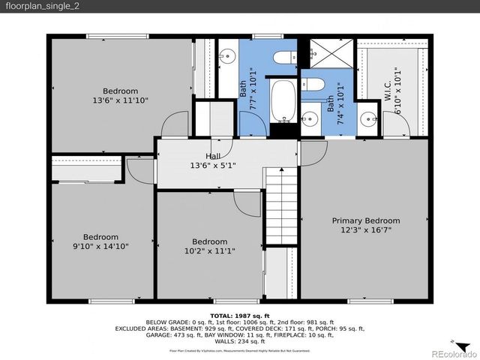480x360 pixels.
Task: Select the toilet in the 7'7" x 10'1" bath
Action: [x=283, y=58]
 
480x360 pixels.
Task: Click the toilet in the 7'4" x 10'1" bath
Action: [x=314, y=84]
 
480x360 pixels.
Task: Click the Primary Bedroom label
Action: [x=366, y=220]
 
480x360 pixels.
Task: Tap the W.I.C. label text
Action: [x=388, y=94]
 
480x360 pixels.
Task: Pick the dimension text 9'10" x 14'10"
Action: [x=100, y=246]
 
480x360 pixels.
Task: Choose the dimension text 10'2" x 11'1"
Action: [x=209, y=251]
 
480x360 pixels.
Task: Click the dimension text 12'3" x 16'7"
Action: [x=366, y=230]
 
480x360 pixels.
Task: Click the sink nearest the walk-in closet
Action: [x=366, y=118]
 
